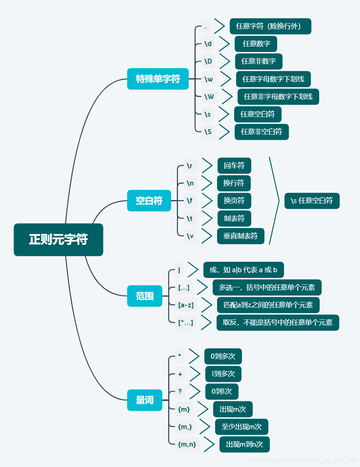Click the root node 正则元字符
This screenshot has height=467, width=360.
[58, 240]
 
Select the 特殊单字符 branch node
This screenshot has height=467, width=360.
[158, 79]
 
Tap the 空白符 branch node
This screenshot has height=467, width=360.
[149, 200]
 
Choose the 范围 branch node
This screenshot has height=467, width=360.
[145, 296]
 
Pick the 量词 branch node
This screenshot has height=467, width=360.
[145, 400]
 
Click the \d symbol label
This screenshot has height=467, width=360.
[208, 44]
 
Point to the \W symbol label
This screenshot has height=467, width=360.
[209, 97]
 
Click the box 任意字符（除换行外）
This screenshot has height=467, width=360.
[270, 26]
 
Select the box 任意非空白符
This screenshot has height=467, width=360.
[261, 132]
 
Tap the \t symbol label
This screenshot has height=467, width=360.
[190, 218]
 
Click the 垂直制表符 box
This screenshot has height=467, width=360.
[240, 236]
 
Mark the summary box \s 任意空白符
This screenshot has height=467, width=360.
[312, 200]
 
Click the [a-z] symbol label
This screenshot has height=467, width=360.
[186, 305]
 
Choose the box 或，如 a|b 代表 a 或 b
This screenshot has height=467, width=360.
[243, 270]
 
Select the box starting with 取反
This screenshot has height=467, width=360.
[278, 322]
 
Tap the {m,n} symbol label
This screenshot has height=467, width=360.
[187, 445]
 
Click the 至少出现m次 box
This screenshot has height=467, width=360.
[241, 427]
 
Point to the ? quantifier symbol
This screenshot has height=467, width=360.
[180, 391]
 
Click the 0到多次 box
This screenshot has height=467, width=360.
[223, 356]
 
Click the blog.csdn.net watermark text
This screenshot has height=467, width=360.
[301, 460]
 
